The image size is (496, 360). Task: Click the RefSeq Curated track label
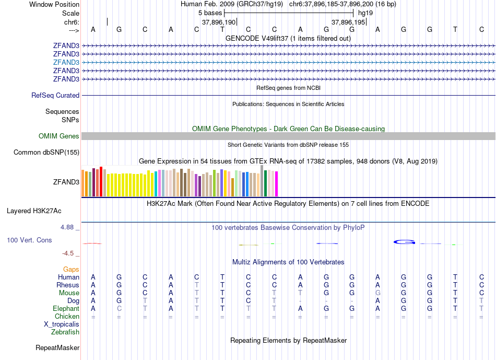coord(55,96)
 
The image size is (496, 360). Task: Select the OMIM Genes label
coord(59,136)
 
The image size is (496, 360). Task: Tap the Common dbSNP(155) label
coord(47,153)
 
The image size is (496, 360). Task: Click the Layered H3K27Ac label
coord(34,211)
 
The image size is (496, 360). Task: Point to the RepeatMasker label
coord(57,347)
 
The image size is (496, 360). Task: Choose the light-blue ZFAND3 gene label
coord(66,62)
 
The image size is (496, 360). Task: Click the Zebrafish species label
coord(65,332)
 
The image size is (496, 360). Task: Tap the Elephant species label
coord(66,309)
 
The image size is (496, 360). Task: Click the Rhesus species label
coord(68,285)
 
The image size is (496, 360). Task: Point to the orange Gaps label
coord(71,270)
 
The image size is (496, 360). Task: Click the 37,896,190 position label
coord(219,22)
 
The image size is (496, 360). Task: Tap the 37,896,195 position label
coord(349,22)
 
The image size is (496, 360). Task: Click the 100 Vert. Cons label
coord(29,240)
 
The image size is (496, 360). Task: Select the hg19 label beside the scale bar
coord(365,13)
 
